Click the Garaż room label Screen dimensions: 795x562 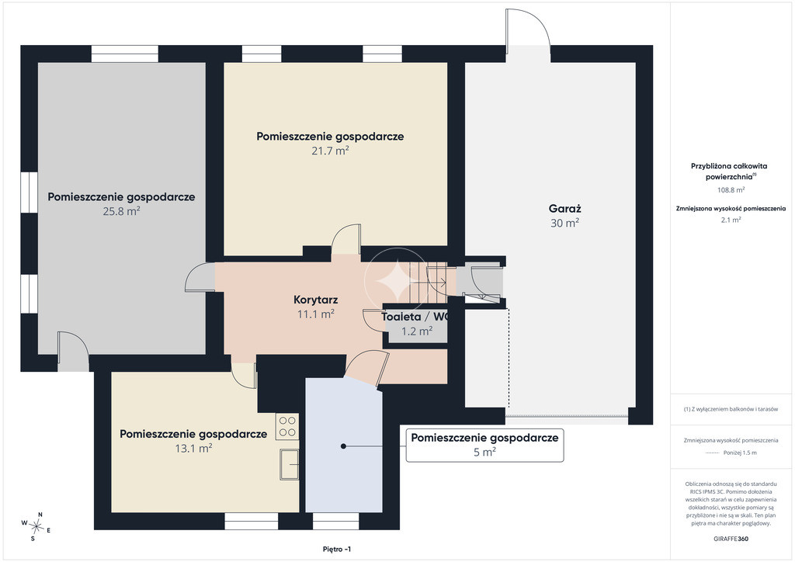point(565,208)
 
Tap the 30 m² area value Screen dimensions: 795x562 point(565,223)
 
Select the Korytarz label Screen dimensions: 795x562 point(315,300)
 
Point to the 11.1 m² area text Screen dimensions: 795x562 point(315,314)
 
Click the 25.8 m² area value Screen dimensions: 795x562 point(121,211)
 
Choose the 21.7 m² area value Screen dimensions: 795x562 point(330,151)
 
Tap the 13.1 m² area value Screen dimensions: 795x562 point(193,449)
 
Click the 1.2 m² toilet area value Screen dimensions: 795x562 point(417,331)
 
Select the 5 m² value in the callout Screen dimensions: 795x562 point(484,452)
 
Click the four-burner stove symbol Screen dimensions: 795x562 point(287,426)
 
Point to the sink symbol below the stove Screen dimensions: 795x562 point(289,463)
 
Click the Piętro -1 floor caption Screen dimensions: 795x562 point(337,549)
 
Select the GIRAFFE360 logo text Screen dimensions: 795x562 point(731,539)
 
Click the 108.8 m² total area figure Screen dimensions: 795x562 point(731,190)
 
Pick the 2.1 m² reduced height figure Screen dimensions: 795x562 point(731,220)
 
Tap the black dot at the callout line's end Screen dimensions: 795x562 point(343,446)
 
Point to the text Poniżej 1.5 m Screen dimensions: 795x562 point(740,453)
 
